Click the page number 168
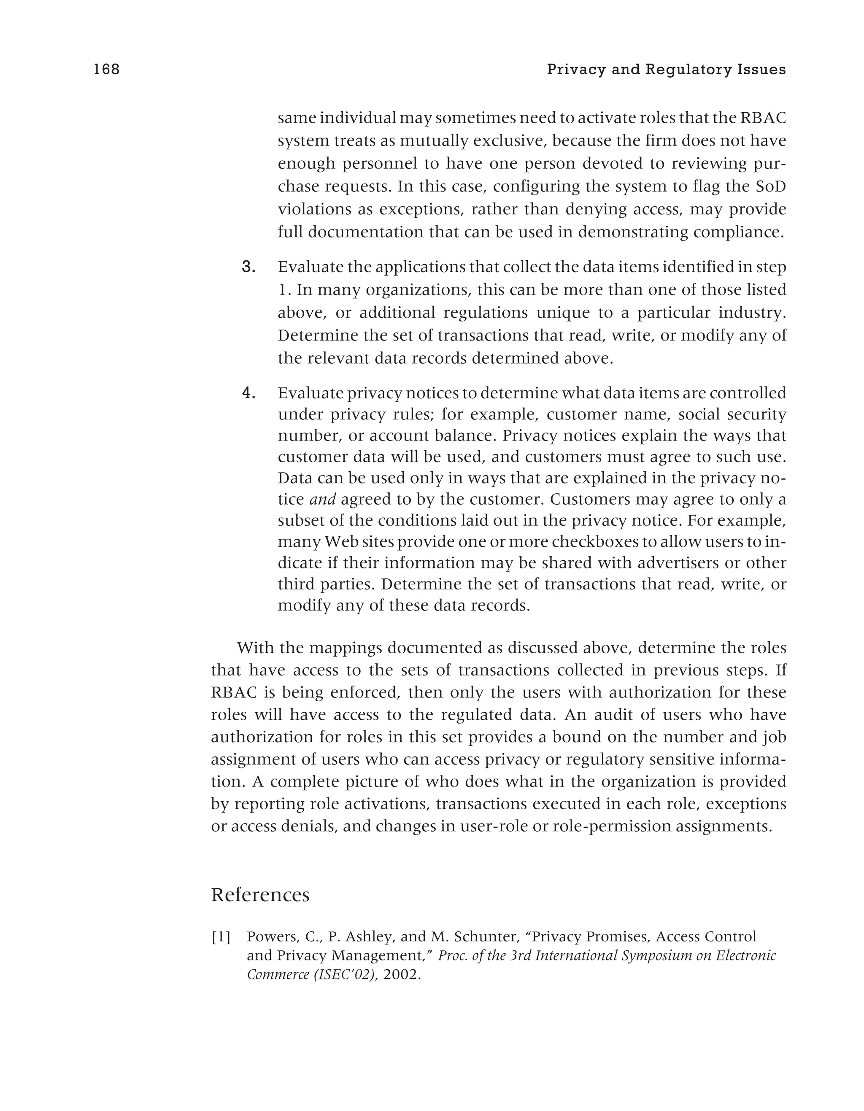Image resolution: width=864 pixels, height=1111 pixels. tap(106, 69)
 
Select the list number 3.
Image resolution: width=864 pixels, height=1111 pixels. tap(248, 267)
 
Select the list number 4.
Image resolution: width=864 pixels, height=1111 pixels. tap(248, 393)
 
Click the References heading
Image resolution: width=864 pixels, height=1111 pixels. tap(260, 894)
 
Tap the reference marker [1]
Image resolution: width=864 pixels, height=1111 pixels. tap(221, 936)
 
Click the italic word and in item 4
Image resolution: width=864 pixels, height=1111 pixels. tap(322, 500)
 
